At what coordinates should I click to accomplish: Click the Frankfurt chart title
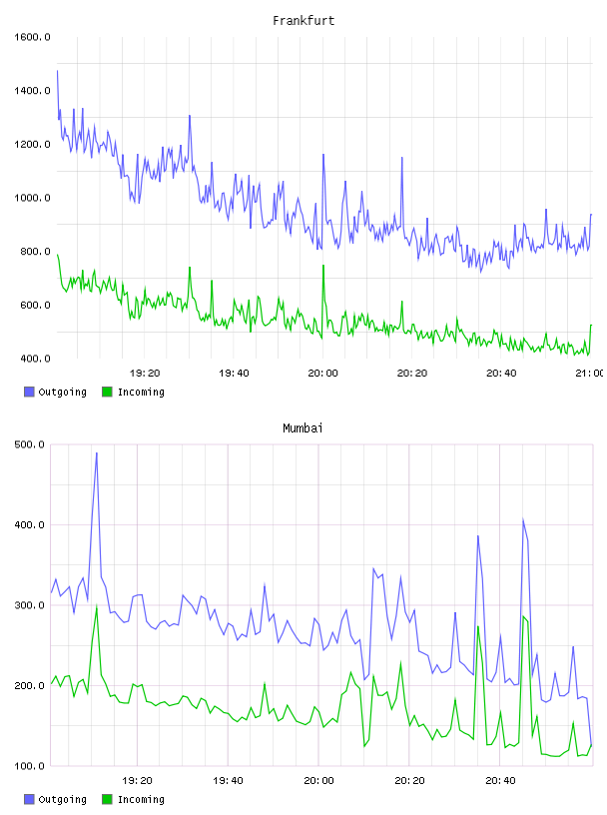[303, 21]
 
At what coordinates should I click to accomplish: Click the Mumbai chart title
[303, 428]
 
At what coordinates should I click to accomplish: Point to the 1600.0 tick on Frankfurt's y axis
[32, 37]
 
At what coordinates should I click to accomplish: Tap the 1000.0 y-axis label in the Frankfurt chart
[32, 198]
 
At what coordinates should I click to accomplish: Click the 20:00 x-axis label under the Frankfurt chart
[322, 374]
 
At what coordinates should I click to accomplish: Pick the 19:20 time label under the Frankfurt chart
[145, 374]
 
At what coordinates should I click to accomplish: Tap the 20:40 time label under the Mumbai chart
[500, 781]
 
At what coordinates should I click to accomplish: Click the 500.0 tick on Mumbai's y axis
[29, 444]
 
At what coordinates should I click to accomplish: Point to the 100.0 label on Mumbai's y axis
[29, 766]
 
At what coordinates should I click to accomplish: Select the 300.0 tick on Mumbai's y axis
[29, 605]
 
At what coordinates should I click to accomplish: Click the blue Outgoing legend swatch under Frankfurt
[29, 392]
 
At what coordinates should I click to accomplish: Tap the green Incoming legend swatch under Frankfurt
[107, 392]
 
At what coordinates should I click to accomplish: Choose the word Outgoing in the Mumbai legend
[62, 799]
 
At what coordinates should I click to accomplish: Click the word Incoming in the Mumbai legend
[141, 799]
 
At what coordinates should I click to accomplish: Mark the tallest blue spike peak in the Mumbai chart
[97, 452]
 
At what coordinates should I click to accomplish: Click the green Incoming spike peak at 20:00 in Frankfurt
[323, 265]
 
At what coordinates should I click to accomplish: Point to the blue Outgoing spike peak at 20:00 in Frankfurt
[323, 155]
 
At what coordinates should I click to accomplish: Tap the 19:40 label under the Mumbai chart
[229, 781]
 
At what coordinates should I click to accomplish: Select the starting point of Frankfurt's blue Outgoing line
[57, 71]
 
